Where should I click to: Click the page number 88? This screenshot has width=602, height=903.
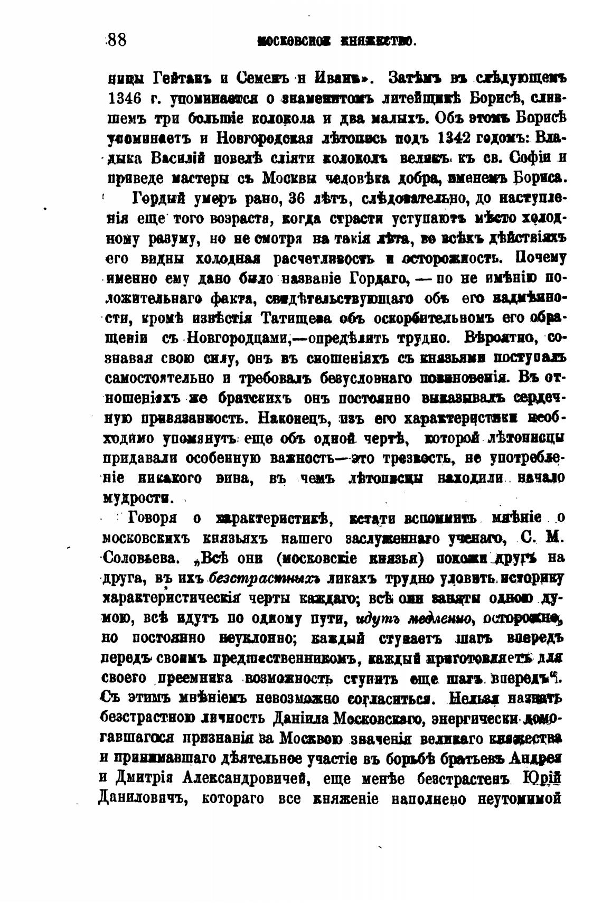[x=116, y=41]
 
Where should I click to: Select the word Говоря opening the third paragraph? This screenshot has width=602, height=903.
[x=156, y=519]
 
